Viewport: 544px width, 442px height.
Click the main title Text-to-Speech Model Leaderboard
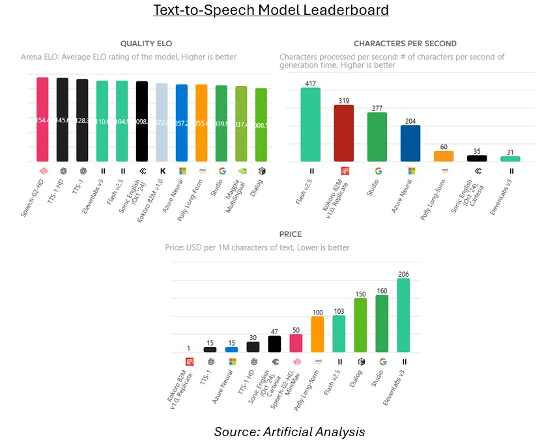(x=270, y=10)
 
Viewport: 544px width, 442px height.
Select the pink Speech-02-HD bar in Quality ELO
(x=42, y=120)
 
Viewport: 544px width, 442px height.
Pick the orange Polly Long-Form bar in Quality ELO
(x=201, y=123)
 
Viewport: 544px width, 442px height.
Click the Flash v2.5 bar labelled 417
(x=311, y=124)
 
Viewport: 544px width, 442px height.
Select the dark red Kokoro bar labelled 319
(x=344, y=133)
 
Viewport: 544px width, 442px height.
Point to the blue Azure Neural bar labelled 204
(x=410, y=143)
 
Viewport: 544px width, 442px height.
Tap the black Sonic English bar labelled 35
(x=478, y=158)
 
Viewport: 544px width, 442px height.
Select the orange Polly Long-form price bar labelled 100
(x=317, y=334)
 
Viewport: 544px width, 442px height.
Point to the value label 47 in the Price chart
(x=274, y=331)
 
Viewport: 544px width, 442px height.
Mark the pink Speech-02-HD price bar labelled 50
(x=296, y=343)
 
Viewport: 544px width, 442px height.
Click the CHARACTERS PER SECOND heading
(x=405, y=44)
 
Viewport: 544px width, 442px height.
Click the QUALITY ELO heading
(x=147, y=44)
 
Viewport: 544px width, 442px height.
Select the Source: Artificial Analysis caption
(x=289, y=431)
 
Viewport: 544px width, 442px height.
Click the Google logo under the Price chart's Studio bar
(x=382, y=361)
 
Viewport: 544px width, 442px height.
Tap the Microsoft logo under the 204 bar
(x=410, y=171)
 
